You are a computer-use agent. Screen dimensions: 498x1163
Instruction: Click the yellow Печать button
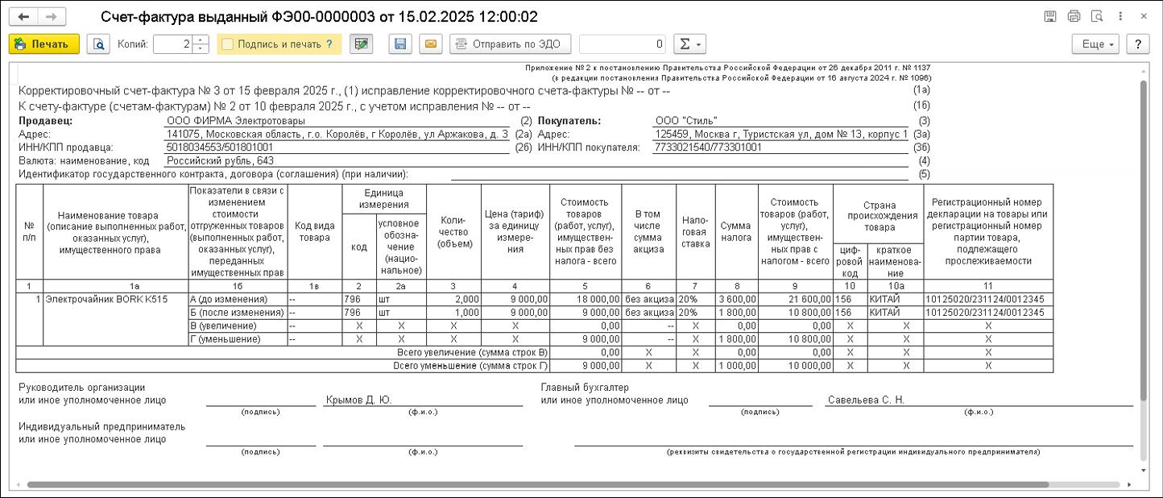(x=44, y=44)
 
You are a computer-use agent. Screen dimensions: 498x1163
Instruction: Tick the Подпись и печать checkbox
(x=228, y=44)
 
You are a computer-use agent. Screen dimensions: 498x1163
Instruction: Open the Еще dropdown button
(x=1096, y=44)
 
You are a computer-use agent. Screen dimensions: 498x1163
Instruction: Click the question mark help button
(x=1137, y=44)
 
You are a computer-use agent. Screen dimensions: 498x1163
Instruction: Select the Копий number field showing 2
(x=174, y=44)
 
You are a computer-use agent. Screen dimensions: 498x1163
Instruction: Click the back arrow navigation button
(x=23, y=17)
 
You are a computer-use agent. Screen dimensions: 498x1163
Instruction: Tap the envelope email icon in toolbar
(x=431, y=44)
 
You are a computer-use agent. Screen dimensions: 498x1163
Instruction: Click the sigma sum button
(x=689, y=44)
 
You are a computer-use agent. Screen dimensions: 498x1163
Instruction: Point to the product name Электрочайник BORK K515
(x=107, y=299)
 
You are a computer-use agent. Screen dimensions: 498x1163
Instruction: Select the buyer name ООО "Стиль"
(x=686, y=121)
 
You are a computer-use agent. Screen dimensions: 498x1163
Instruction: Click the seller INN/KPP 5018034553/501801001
(x=220, y=147)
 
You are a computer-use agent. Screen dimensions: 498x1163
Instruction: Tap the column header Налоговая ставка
(x=695, y=231)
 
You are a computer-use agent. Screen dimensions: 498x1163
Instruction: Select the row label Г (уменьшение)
(x=225, y=339)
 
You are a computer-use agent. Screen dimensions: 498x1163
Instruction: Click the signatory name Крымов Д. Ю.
(x=358, y=400)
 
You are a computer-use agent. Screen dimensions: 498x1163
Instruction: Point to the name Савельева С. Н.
(x=865, y=400)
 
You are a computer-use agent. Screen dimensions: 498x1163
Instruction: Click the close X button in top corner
(x=1144, y=16)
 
